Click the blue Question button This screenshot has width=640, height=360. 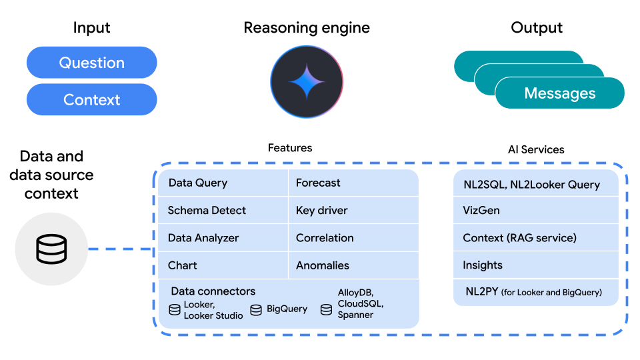point(91,63)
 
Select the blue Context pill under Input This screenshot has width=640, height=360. point(91,100)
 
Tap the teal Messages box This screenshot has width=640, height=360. point(559,93)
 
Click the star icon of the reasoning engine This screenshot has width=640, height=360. point(307,81)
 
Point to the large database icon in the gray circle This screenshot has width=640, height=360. point(51,250)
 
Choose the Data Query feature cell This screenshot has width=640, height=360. point(223,183)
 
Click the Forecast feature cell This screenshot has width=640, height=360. point(353,183)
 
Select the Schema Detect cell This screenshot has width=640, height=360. point(223,210)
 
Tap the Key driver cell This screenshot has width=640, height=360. point(353,210)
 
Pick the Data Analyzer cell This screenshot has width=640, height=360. point(223,238)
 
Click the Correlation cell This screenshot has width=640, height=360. point(353,238)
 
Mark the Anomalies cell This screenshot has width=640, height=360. point(353,265)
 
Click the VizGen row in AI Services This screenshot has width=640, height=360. point(535,210)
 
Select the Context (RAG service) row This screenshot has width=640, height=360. point(535,238)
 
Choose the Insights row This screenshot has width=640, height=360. point(535,265)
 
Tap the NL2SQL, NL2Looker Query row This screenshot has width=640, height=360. point(535,185)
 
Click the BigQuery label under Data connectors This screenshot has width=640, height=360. point(287,309)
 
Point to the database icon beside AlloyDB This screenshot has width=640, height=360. point(326,309)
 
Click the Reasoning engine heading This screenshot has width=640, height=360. point(307,28)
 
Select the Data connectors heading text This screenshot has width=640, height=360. point(213,291)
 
